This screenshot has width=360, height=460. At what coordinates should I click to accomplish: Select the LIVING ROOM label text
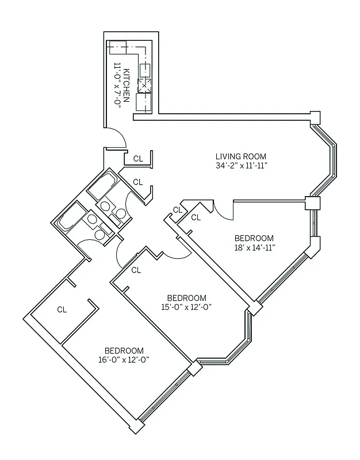click(x=241, y=156)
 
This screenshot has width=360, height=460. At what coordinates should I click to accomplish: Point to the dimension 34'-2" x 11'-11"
click(x=241, y=166)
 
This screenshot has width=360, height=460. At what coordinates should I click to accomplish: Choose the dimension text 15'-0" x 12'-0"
click(x=186, y=306)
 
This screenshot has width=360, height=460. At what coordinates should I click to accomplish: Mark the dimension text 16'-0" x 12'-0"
click(x=124, y=360)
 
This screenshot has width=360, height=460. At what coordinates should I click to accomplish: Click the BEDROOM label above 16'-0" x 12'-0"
click(x=124, y=351)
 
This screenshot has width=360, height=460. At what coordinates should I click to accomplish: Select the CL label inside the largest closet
click(x=62, y=309)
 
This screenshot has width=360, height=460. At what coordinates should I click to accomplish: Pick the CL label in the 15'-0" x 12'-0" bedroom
click(x=136, y=270)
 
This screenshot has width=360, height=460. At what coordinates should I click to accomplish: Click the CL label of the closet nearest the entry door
click(x=137, y=158)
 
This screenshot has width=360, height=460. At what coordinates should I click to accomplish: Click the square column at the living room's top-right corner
click(x=314, y=116)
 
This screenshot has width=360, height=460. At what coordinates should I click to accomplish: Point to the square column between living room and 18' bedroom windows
click(x=311, y=203)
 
